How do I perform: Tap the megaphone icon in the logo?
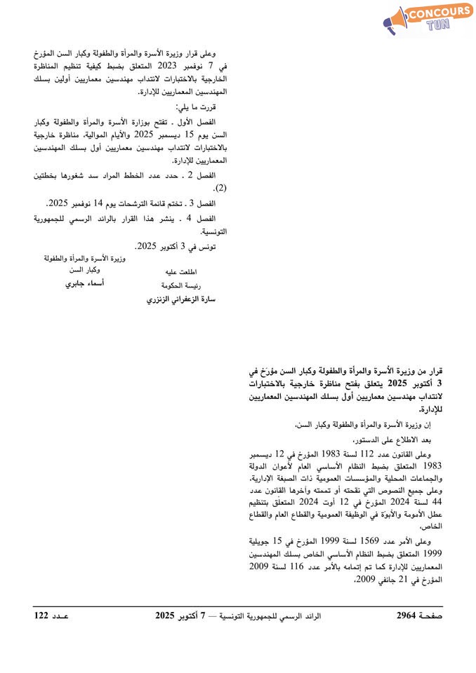tap(395, 22)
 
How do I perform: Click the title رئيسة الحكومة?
tap(180, 285)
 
